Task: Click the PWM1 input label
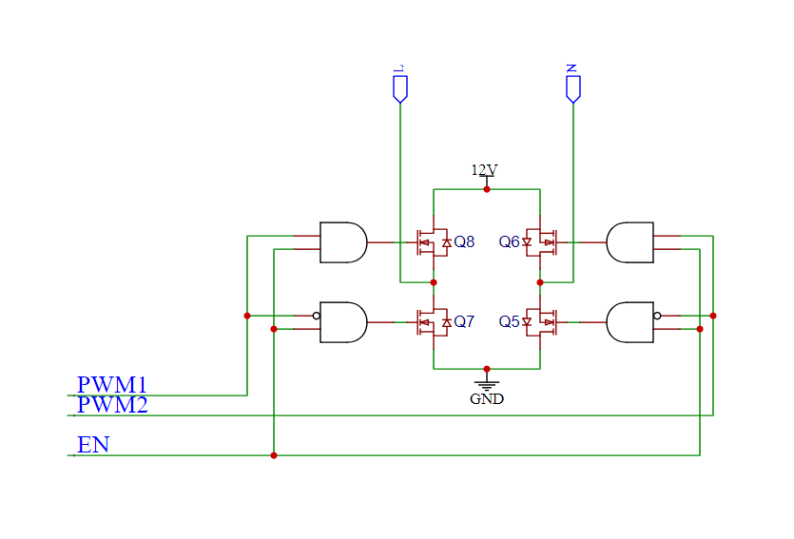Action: (112, 385)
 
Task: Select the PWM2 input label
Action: (112, 405)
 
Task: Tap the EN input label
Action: (93, 444)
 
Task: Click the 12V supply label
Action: (484, 170)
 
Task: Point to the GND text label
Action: (487, 399)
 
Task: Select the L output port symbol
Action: (400, 88)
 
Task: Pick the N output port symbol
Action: (572, 88)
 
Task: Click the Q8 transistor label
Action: (464, 242)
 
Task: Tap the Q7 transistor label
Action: (464, 322)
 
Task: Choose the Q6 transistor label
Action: (510, 242)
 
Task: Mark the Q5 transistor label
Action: (510, 322)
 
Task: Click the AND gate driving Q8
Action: (343, 242)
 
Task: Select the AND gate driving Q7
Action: (343, 322)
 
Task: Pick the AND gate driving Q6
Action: (629, 242)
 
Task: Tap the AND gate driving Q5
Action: (629, 322)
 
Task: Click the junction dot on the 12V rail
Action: (487, 189)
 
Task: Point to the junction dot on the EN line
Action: (274, 455)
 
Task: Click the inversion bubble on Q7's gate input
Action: (316, 316)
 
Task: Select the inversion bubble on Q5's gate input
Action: (657, 316)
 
